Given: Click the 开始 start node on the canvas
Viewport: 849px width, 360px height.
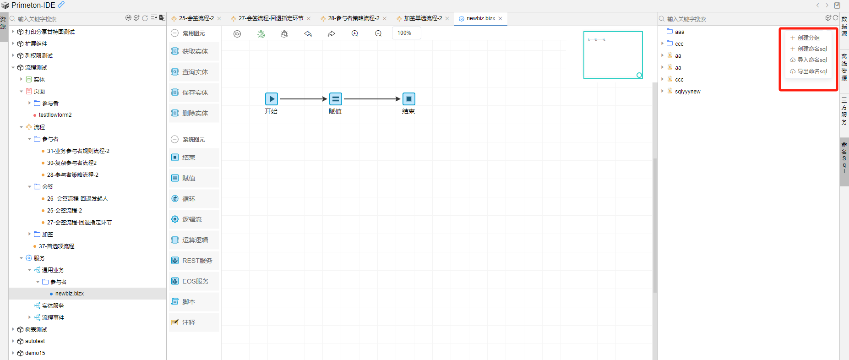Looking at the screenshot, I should coord(272,99).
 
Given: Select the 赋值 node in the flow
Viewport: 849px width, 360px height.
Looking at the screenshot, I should coord(336,99).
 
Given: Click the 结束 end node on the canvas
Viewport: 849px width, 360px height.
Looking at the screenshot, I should coord(409,99).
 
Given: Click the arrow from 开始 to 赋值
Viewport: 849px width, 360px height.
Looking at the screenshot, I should coord(303,99).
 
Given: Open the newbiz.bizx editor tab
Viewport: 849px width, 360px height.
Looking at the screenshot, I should coord(480,18).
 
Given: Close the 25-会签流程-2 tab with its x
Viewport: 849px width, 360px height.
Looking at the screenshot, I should coord(219,19).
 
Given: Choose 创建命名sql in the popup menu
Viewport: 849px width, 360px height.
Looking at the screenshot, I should coord(812,49).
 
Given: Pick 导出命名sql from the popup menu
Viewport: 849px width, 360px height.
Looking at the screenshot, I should coord(812,71).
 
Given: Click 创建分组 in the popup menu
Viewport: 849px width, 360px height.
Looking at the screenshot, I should coord(808,38).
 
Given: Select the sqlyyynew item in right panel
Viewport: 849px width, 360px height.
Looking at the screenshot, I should coord(687,92).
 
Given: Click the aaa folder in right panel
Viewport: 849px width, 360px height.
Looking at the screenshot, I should coord(679,32).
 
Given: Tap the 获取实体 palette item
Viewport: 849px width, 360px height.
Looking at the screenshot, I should coord(195,52).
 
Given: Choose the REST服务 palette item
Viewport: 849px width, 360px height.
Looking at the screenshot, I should coord(197,261).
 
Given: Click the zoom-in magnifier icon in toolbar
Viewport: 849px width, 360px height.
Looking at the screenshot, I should coord(355,33).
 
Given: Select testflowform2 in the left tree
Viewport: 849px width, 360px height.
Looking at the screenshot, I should coord(55,115).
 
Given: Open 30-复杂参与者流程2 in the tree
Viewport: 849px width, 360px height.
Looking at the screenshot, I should coord(71,163).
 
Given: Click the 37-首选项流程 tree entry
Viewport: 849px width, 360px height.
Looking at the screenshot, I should coord(56,246).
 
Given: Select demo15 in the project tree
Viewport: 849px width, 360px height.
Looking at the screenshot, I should coord(35,353).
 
